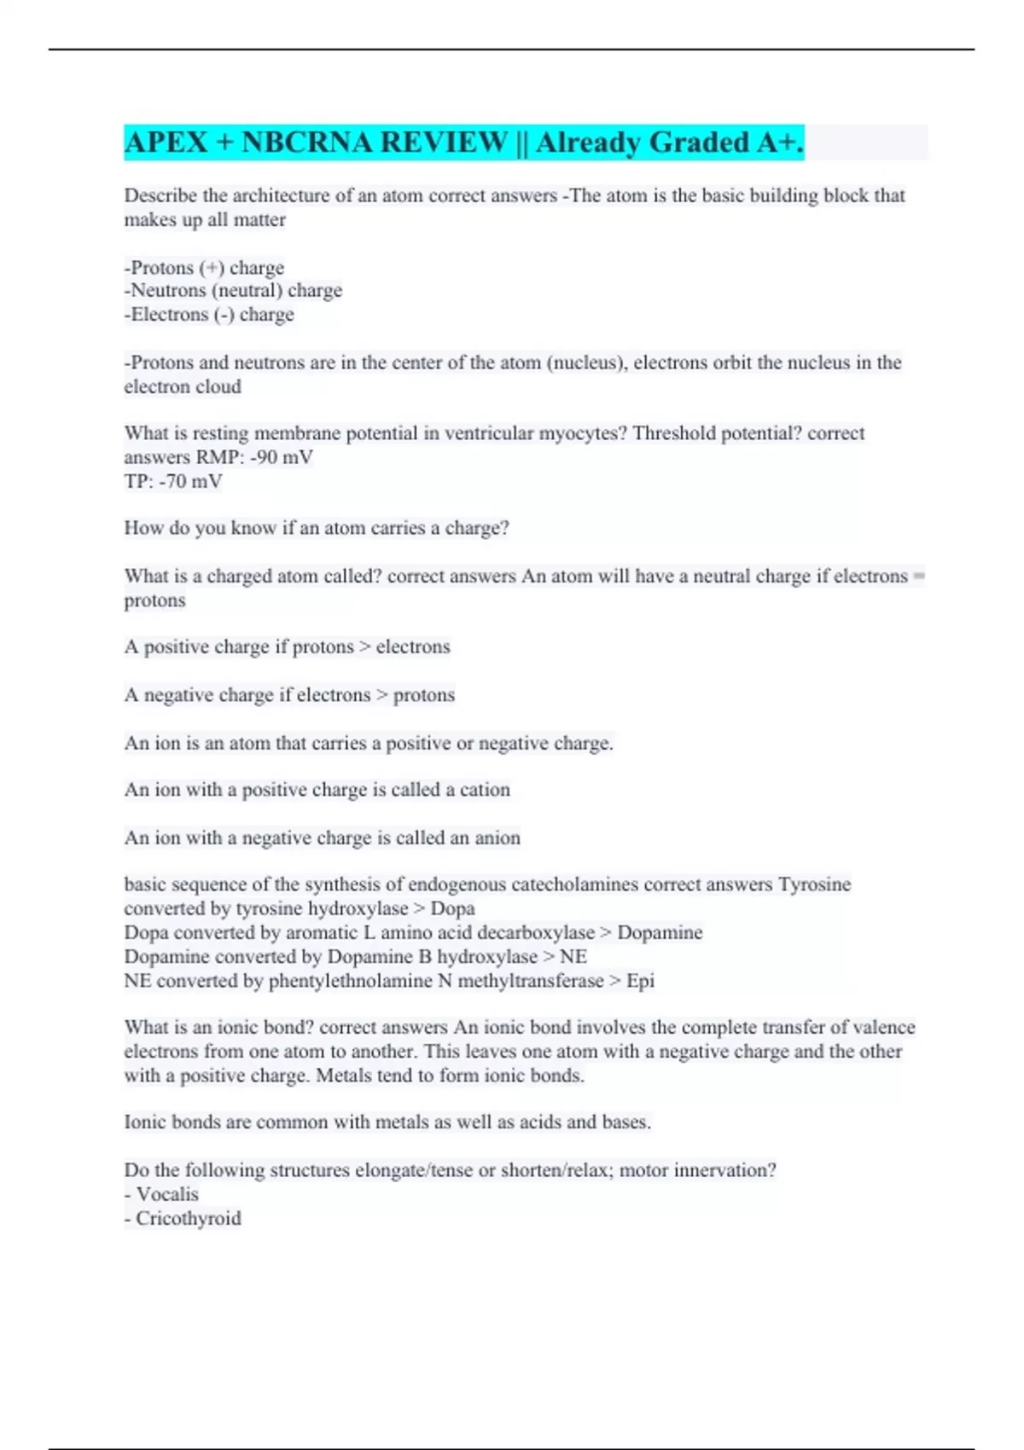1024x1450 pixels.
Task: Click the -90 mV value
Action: coord(282,457)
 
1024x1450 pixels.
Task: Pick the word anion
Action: coord(497,838)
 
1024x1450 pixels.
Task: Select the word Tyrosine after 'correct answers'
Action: coord(814,884)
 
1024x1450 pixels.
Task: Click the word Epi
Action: coord(640,981)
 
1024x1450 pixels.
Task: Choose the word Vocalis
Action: coord(167,1194)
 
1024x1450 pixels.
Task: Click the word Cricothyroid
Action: coord(189,1218)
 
